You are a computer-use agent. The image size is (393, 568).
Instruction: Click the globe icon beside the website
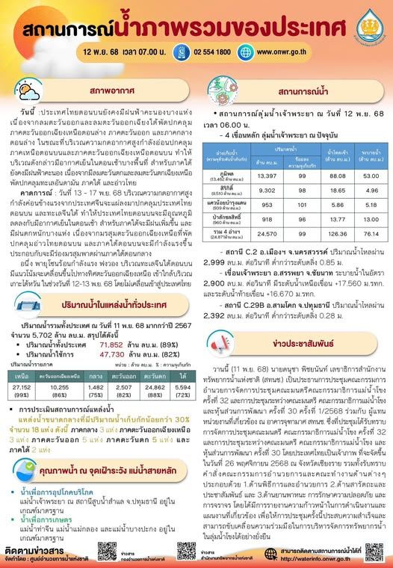pos(247,54)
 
